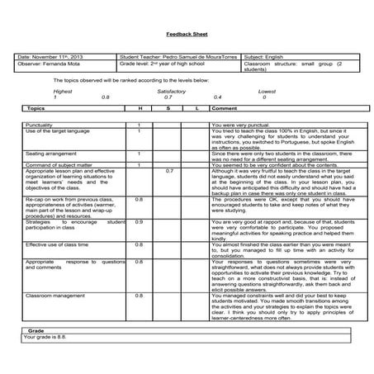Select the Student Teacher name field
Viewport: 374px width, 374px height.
(176, 56)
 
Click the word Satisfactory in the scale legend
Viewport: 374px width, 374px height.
(171, 91)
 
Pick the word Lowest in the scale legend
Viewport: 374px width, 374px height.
(267, 91)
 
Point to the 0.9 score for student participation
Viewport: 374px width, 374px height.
(139, 221)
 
